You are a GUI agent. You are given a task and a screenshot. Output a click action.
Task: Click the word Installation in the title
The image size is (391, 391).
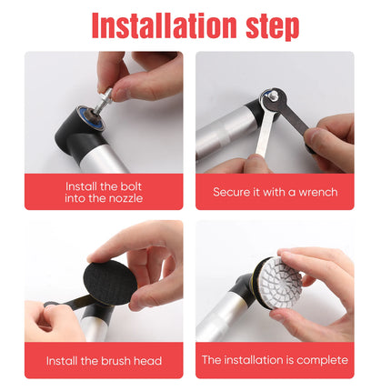coord(164,25)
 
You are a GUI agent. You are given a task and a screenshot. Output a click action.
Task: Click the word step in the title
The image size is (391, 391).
coord(273,27)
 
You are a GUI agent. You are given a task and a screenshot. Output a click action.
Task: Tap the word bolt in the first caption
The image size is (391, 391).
coord(131,186)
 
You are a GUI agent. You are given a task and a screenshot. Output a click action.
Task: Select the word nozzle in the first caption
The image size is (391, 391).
coord(125,198)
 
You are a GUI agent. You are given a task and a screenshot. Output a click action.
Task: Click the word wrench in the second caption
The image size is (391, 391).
coord(318,192)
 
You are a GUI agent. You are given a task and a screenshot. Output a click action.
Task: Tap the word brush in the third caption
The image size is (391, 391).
coord(116,361)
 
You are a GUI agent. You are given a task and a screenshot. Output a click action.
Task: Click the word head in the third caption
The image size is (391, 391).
coord(147,361)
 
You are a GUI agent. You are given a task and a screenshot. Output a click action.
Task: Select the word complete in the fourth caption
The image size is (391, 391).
coord(322,360)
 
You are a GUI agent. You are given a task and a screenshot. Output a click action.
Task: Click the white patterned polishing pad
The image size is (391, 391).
coord(282,283)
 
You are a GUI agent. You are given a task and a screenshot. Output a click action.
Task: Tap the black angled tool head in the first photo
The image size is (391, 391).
coord(79,134)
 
